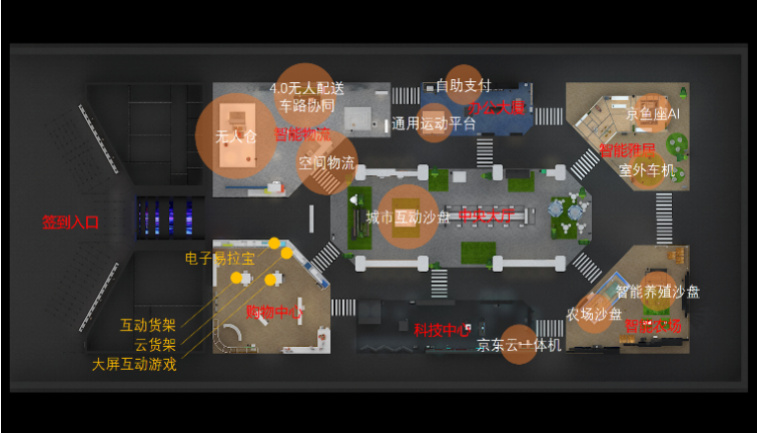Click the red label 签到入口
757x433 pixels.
coord(70,222)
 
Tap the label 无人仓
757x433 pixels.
coord(235,136)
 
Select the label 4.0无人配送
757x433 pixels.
coord(307,88)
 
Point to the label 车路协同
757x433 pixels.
coord(306,105)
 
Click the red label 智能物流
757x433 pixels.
coord(302,134)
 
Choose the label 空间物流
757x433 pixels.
coord(327,162)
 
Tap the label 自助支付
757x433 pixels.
coord(463,86)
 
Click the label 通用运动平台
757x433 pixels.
coord(434,124)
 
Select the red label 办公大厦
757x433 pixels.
coord(497,107)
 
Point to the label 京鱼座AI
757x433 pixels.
coord(653,115)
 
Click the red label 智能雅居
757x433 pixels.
coord(628,150)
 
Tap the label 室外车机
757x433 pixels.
coord(647,170)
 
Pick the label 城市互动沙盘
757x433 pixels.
coord(407,216)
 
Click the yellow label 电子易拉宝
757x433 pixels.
coord(219,258)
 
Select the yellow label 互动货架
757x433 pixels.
coord(148,324)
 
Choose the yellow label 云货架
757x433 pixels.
coord(155,344)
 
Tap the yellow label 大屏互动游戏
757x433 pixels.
coord(134,364)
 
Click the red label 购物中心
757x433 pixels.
coord(274,312)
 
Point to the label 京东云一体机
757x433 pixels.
coord(519,345)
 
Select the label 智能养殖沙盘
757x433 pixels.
coord(657,292)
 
